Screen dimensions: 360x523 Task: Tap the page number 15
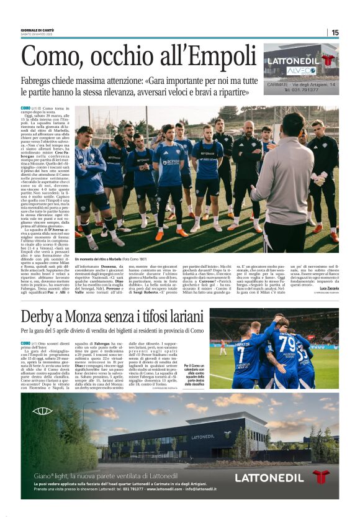(x=335, y=32)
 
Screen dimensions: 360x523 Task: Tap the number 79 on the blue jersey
(x=287, y=343)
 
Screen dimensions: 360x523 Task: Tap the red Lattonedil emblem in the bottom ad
(x=320, y=477)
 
